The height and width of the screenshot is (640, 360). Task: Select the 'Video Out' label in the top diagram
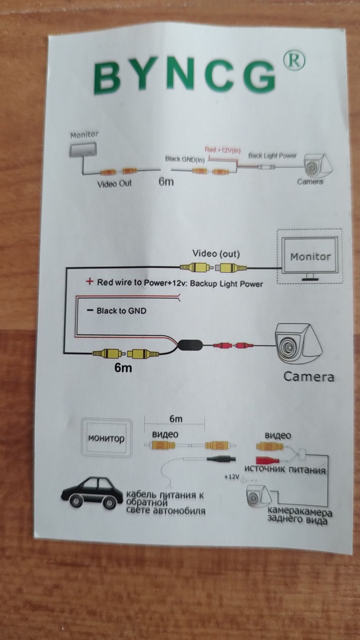tap(114, 184)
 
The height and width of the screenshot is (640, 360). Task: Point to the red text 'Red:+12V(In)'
tap(223, 150)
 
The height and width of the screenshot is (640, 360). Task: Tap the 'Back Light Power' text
tap(272, 156)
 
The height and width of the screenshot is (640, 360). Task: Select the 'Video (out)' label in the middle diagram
tap(216, 254)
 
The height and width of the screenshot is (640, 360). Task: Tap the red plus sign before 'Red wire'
tap(90, 282)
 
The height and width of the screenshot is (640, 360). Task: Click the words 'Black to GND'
tap(121, 310)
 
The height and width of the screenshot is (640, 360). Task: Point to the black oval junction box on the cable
tap(190, 345)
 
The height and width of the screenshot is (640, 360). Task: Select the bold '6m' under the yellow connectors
tap(123, 368)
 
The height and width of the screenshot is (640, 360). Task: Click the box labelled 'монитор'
tap(106, 437)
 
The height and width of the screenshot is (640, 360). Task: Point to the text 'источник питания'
tap(284, 469)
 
